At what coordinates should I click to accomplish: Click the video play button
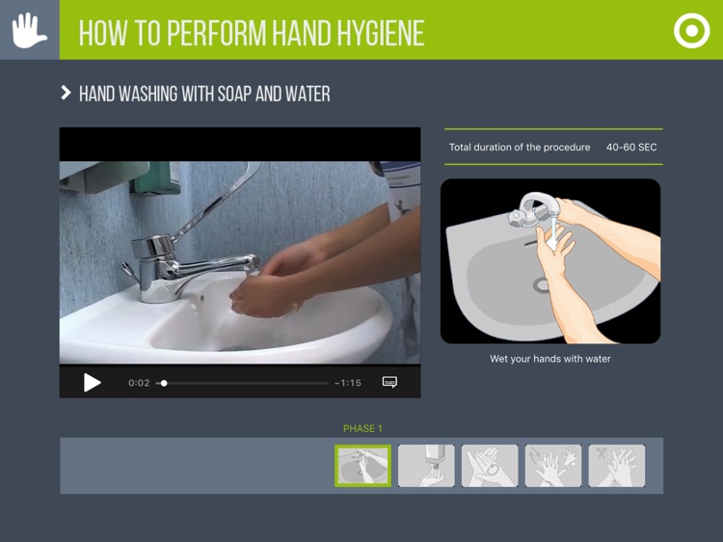point(93,383)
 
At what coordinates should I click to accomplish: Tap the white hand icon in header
point(29,30)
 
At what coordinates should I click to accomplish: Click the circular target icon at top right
point(691,31)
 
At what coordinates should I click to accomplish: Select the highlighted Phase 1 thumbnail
point(363,466)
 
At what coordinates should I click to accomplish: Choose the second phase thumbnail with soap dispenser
point(426,466)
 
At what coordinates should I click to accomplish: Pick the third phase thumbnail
point(490,466)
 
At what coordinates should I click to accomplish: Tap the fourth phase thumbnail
point(553,466)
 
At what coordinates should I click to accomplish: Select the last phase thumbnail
point(617,466)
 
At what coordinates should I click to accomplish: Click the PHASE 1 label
point(362,429)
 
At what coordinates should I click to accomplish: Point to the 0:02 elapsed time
point(139,383)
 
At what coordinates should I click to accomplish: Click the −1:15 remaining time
point(348,383)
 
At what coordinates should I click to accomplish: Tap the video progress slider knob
point(164,383)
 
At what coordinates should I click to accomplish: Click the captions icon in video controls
point(389,383)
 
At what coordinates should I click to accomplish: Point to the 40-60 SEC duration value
point(631,148)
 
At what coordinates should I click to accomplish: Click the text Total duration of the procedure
point(520,148)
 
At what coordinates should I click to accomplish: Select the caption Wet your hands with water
point(550,359)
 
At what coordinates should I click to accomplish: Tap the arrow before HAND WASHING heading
point(66,94)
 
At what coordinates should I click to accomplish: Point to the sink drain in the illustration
point(542,285)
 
